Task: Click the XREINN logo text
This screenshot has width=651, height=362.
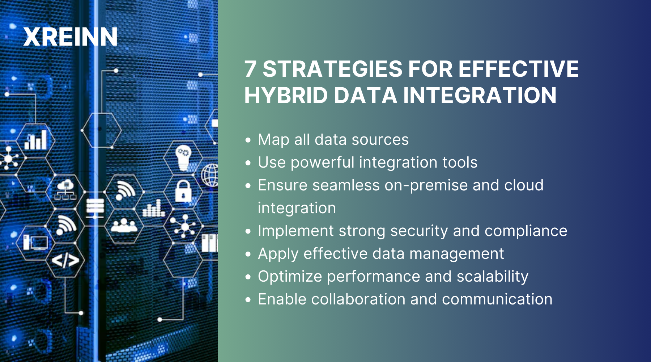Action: pos(71,37)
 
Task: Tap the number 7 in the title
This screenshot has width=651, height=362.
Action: pos(250,69)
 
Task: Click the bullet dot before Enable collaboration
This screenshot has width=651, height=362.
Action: pos(248,300)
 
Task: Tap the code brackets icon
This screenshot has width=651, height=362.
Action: pos(65,260)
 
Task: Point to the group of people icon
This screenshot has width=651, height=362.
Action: pos(124,226)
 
